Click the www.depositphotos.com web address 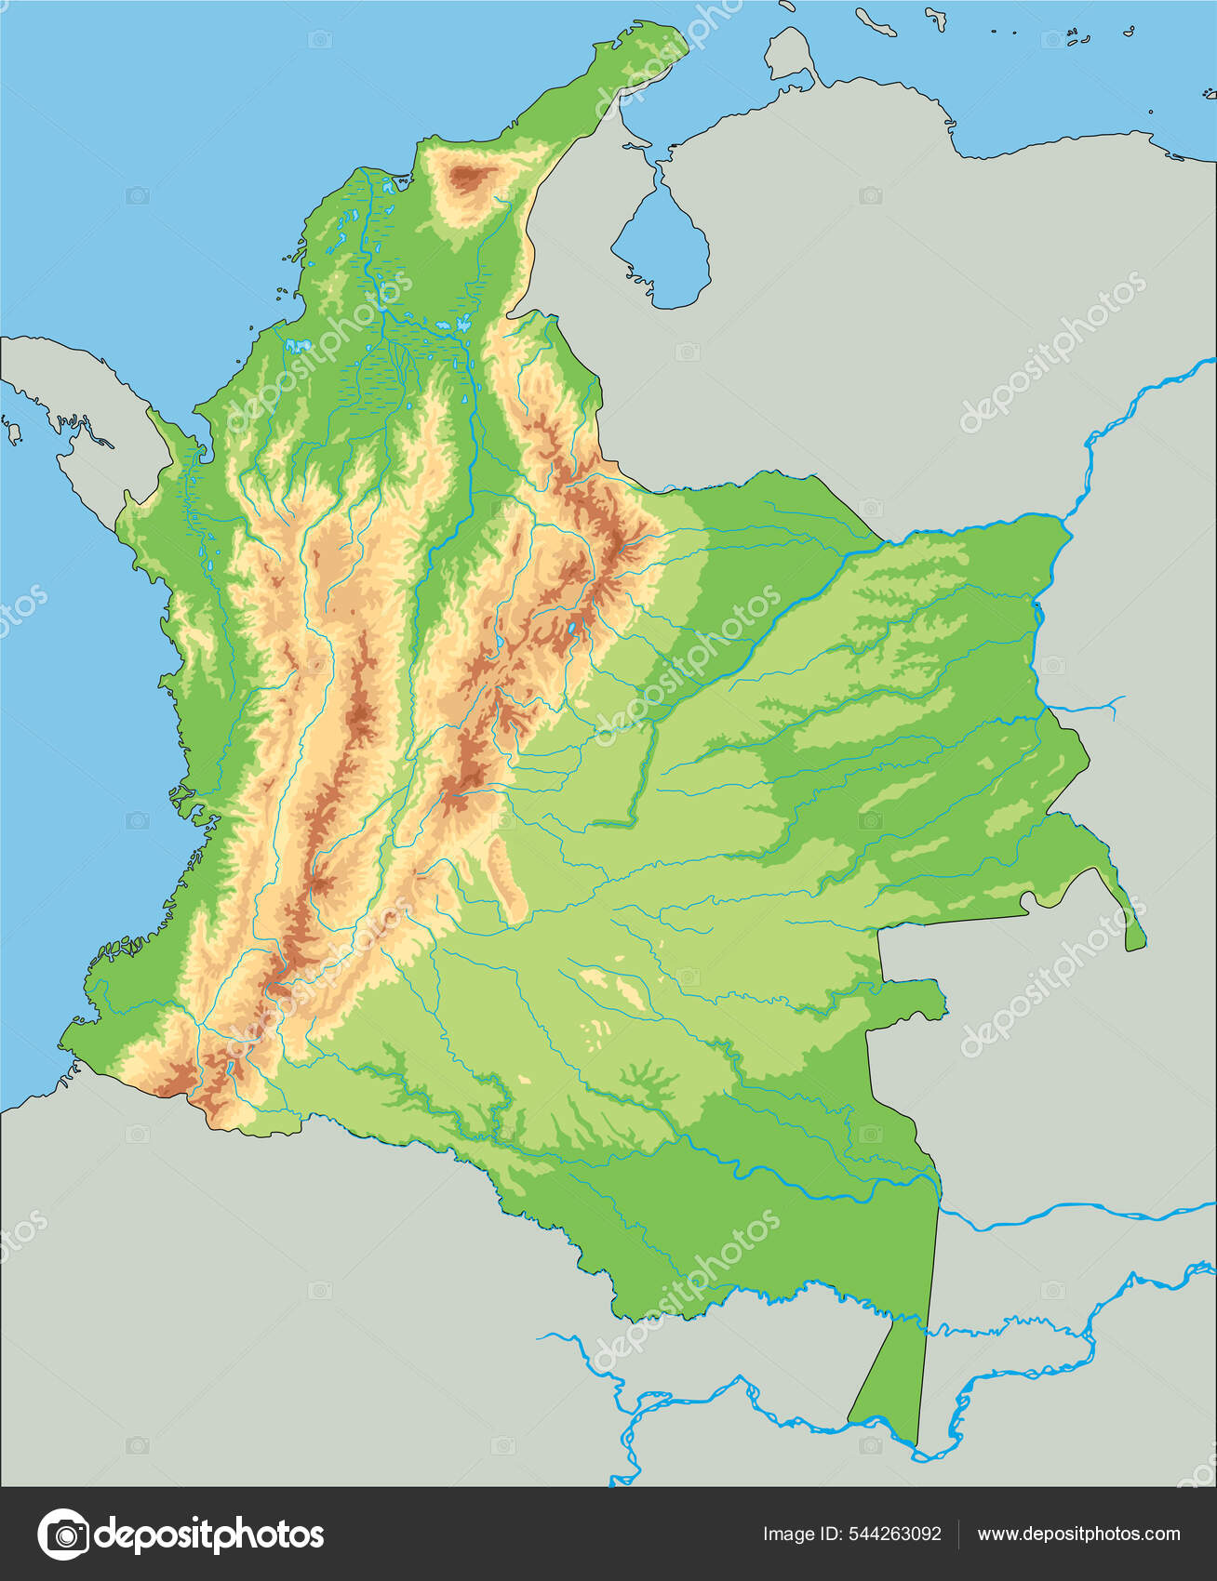tap(1078, 1534)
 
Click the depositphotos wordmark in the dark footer tap(210, 1534)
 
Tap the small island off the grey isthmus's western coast tap(14, 430)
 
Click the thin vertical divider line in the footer tap(958, 1534)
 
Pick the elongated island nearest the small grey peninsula tap(875, 20)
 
